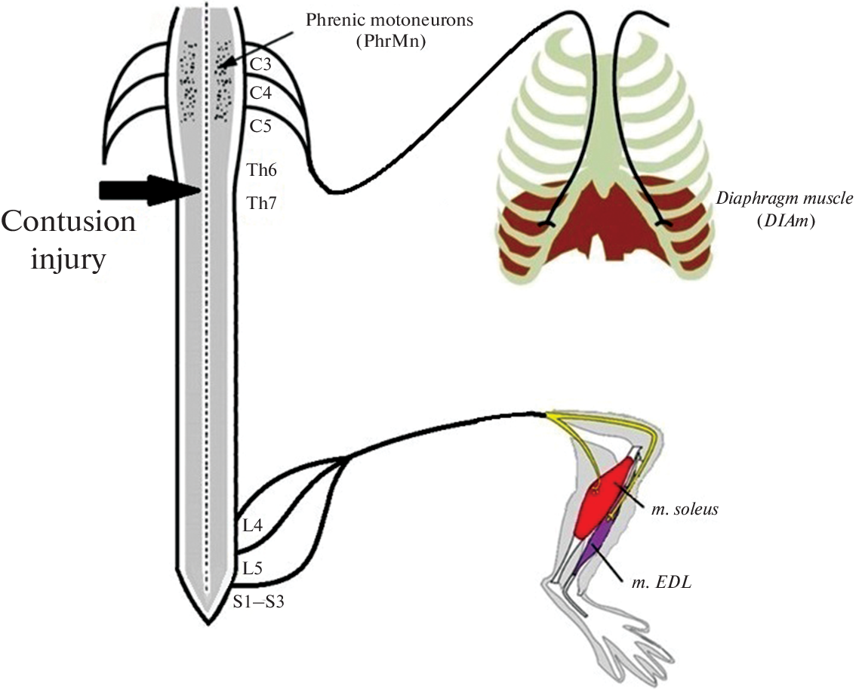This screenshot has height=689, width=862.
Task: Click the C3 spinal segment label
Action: point(261,65)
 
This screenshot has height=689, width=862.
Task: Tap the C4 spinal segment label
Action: point(261,94)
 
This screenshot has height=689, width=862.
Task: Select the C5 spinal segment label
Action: point(261,125)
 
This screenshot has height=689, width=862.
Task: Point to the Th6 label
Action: point(262,171)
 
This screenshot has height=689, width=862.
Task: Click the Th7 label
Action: point(262,202)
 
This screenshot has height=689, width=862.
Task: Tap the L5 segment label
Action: point(253,567)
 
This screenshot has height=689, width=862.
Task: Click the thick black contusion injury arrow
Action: point(147,189)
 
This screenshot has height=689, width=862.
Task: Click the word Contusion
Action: point(69,223)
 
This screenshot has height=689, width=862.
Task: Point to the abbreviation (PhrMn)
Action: point(389,42)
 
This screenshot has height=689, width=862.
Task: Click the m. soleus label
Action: point(685,509)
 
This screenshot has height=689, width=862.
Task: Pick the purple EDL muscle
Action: point(591,552)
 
